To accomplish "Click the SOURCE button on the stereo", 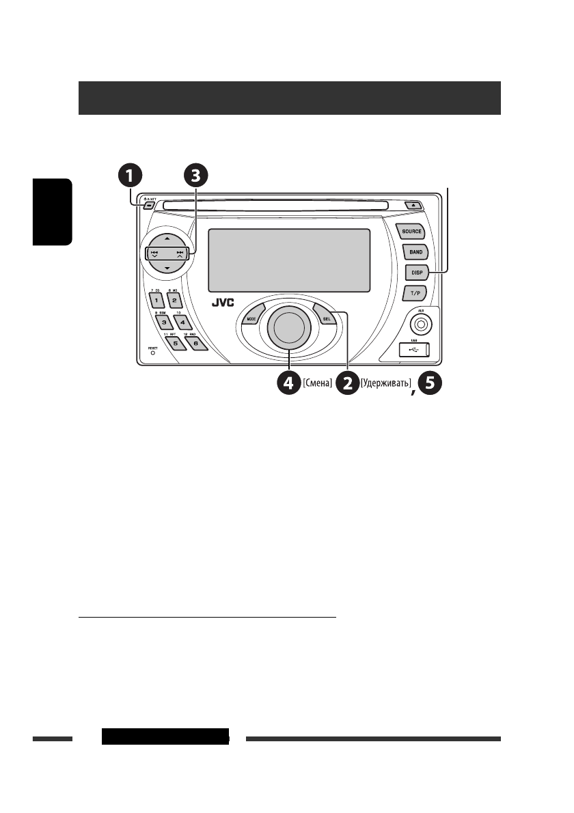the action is click(411, 232).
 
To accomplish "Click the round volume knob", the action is click(288, 327).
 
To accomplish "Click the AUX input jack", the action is click(422, 325).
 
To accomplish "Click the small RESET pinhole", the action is click(152, 354).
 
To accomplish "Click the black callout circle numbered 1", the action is click(129, 176).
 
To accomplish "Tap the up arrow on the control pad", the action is click(167, 239).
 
